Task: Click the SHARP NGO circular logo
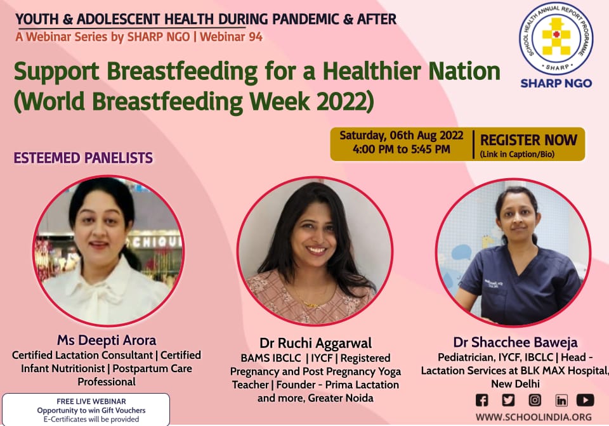pos(556,39)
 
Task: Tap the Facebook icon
pos(481,400)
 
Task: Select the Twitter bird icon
pos(508,400)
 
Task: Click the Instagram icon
pos(535,400)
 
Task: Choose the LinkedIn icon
pos(561,400)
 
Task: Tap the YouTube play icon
pos(585,400)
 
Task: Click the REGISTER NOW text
pos(528,140)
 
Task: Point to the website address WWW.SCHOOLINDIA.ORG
pos(534,417)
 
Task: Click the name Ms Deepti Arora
pos(107,340)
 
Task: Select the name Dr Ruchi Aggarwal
pos(315,344)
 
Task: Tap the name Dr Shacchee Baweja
pos(515,342)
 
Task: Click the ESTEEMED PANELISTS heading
pos(83,158)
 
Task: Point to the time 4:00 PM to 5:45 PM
pos(401,149)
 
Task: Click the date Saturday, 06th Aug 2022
pos(401,136)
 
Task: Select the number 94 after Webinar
pos(256,37)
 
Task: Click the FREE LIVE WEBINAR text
pos(91,401)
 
